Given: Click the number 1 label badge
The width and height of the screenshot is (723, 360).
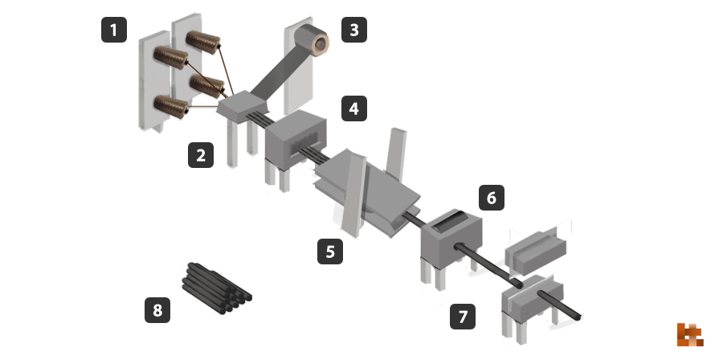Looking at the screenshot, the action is tap(114, 30).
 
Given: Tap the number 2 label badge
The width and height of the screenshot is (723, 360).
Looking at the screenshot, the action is tap(201, 155).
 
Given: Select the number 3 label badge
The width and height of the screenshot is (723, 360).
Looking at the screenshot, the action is tap(354, 30).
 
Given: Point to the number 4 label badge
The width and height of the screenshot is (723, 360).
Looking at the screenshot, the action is tap(354, 108).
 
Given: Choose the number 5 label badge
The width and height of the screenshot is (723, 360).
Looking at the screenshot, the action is tap(330, 252).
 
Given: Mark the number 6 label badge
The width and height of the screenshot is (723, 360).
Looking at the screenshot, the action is tap(492, 198).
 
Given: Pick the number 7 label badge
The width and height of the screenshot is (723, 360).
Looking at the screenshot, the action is tap(463, 317).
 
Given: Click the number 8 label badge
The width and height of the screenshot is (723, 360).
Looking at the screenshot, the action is tap(157, 309).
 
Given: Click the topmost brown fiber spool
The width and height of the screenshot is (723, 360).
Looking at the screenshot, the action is tap(203, 42).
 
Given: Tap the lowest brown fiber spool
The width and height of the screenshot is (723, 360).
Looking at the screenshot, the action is tap(171, 107).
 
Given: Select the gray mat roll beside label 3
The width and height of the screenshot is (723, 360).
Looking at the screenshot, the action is tap(311, 40).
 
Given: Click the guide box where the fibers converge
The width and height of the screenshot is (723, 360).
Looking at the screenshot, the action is tap(242, 107).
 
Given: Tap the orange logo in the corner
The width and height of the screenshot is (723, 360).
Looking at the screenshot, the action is tap(690, 334).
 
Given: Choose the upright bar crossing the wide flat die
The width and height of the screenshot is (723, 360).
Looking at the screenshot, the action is tap(354, 195).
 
